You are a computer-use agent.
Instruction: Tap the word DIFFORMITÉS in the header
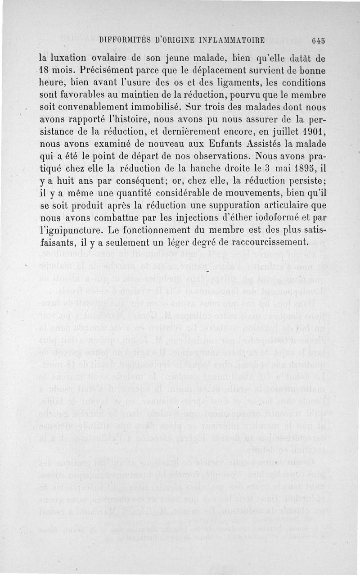click(x=123, y=39)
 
